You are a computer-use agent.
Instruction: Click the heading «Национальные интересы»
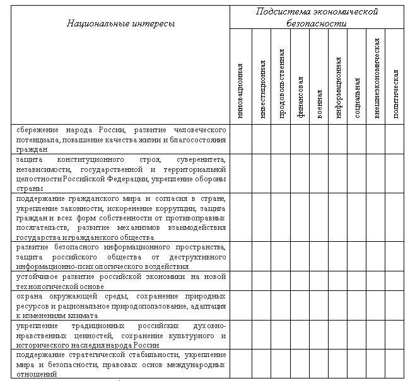point(121,23)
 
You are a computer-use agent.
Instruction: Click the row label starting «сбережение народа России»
point(121,139)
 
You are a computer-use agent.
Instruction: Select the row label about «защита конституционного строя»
point(121,173)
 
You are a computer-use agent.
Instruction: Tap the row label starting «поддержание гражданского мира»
point(121,218)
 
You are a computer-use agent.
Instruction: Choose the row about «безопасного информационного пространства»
point(121,256)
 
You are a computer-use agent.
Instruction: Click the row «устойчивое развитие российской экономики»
point(121,281)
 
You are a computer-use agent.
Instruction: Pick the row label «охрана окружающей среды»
point(121,305)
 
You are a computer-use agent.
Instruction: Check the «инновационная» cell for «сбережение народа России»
point(242,139)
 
